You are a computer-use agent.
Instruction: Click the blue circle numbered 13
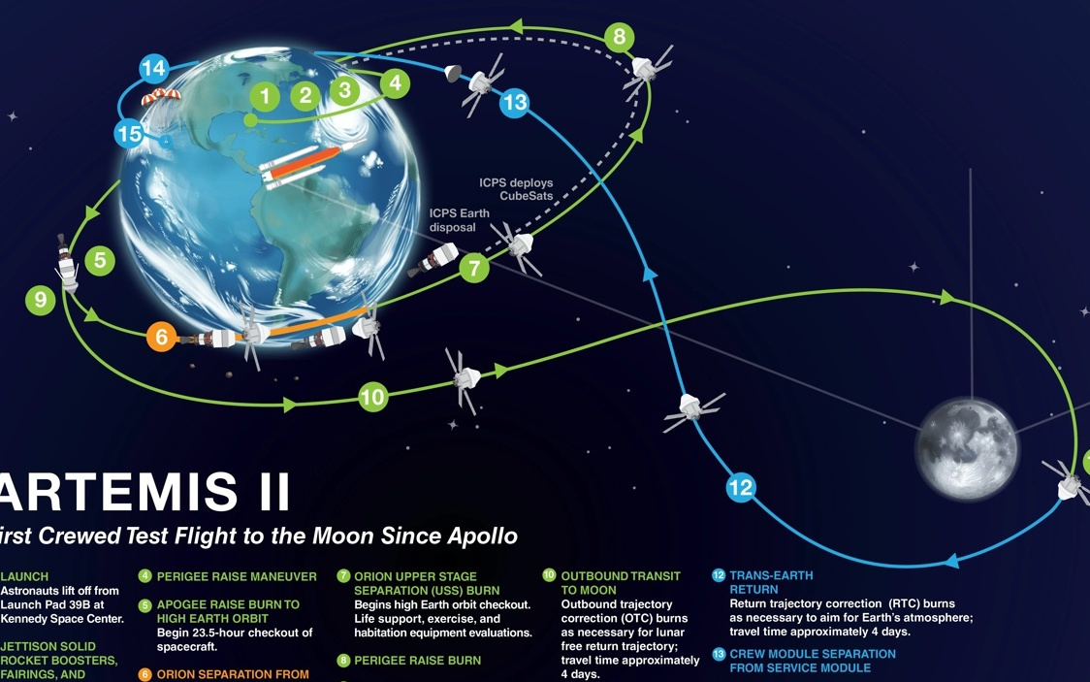click(515, 103)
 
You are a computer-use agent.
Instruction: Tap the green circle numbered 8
click(620, 39)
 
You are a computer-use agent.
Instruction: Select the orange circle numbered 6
click(161, 337)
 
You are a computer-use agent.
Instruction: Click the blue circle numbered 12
click(740, 487)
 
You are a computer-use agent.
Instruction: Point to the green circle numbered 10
click(373, 396)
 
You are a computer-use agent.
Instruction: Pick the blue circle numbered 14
click(153, 69)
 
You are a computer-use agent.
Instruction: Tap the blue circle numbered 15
click(129, 133)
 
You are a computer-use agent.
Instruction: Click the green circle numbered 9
click(41, 300)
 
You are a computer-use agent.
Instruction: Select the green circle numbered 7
click(473, 267)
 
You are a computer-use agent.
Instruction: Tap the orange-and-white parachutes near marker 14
click(161, 97)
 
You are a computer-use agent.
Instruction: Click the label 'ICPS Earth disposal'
click(460, 220)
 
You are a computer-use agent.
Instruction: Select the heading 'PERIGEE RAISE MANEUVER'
click(237, 576)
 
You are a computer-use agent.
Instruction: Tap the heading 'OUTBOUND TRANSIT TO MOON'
click(621, 583)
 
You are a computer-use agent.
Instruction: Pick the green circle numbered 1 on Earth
click(264, 96)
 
